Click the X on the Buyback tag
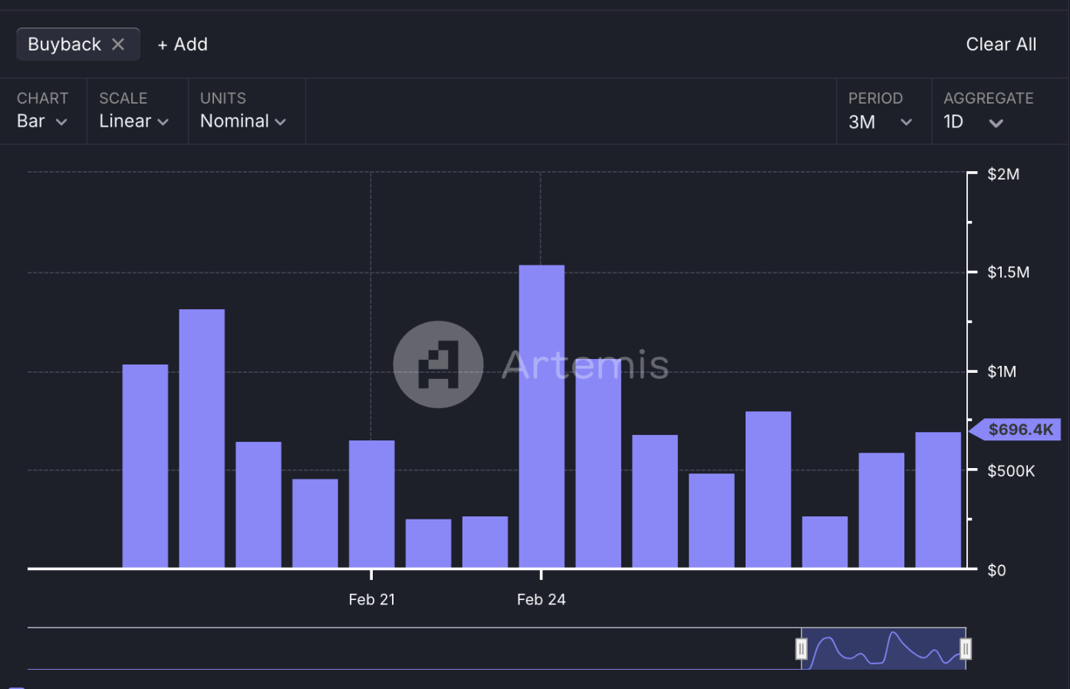coord(118,45)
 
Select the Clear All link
coord(1000,45)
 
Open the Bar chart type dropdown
coord(41,121)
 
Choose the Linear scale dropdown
coord(133,121)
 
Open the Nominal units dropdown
coord(242,121)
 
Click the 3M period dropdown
coord(880,122)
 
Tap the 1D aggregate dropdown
coord(973,122)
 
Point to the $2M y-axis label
coord(1003,174)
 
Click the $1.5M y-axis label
coord(1008,272)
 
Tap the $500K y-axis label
coord(1010,470)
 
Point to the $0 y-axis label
coord(996,570)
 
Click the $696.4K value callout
coord(1019,430)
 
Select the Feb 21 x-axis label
coord(372,599)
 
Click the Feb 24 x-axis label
coord(541,599)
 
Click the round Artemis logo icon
coord(438,364)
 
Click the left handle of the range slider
coord(801,649)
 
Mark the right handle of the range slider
coord(965,649)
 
